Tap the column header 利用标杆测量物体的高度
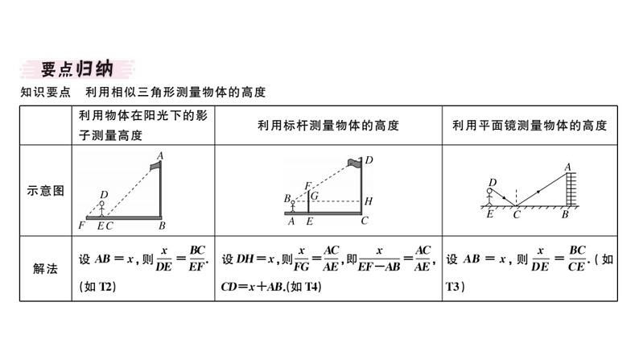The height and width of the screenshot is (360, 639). click(328, 125)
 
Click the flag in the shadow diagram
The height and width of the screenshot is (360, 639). click(154, 167)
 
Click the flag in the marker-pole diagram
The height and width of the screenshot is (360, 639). click(354, 163)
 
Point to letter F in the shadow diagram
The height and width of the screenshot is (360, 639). click(82, 226)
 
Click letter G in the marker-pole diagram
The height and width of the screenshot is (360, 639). click(315, 196)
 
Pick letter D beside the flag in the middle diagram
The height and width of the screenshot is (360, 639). click(369, 160)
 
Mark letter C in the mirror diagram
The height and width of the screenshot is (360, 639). click(517, 215)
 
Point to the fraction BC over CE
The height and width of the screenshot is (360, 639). click(575, 259)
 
